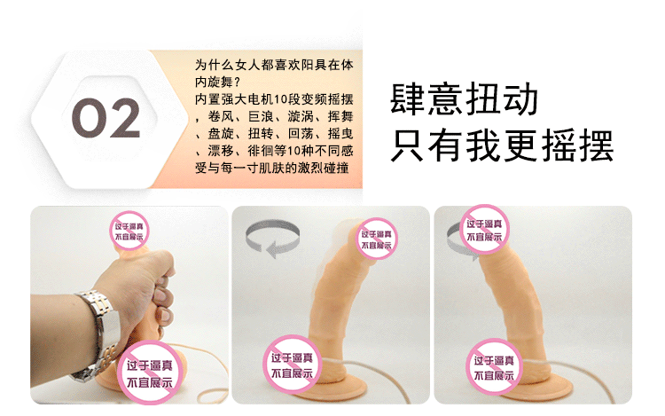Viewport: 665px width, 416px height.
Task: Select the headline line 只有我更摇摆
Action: coord(502,145)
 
